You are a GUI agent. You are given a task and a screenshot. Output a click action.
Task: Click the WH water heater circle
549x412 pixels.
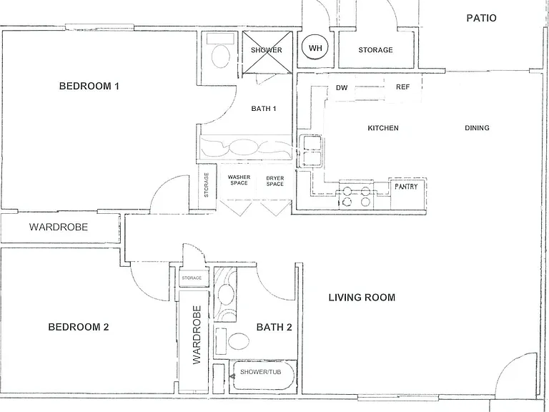(315, 48)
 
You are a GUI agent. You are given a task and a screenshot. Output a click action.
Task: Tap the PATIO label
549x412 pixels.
(481, 18)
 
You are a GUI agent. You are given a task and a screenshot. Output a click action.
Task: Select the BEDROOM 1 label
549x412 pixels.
(89, 86)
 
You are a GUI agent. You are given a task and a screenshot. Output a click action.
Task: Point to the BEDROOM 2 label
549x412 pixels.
(79, 327)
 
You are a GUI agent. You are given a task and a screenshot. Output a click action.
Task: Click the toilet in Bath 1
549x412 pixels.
(221, 56)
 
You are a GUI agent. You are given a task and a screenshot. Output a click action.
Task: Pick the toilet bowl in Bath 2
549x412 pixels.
(239, 341)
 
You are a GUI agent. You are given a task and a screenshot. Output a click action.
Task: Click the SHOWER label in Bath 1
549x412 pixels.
(267, 50)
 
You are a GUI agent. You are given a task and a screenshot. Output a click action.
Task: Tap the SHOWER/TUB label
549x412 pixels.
(260, 372)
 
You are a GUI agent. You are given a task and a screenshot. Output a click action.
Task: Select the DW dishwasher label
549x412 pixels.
(342, 87)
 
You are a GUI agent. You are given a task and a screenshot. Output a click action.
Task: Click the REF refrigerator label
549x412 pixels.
(402, 87)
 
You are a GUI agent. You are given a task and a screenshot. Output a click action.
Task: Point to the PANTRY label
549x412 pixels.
(406, 187)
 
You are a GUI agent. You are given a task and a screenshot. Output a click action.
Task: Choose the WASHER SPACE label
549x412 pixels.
(239, 180)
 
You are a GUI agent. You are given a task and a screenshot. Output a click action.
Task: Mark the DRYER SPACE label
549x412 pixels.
(274, 181)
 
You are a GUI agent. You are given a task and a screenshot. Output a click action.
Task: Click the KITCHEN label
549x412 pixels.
(383, 128)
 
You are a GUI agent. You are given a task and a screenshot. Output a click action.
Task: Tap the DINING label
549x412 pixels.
(477, 128)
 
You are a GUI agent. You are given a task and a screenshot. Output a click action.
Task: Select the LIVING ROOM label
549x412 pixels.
(362, 298)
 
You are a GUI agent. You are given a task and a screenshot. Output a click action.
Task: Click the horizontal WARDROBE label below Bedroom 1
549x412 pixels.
(59, 227)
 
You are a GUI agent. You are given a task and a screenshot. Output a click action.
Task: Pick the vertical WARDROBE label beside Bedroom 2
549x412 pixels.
(197, 335)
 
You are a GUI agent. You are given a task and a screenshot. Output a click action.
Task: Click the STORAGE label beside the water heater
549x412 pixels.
(375, 50)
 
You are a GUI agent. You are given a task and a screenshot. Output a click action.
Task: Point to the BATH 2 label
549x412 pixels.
(274, 327)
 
